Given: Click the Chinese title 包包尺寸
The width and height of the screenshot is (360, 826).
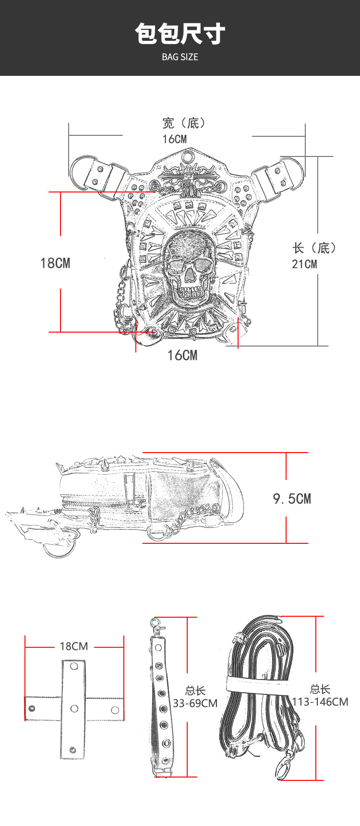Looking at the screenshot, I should [x=180, y=34].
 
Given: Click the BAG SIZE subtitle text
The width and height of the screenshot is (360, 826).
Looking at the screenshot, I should [x=180, y=57].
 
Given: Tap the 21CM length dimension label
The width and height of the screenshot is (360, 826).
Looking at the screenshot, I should [x=304, y=264].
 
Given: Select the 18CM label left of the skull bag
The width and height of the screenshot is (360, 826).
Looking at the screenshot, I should [x=55, y=263].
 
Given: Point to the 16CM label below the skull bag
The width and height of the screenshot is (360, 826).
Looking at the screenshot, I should [x=182, y=355].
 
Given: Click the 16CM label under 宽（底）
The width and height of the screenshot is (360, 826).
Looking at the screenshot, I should [x=174, y=139].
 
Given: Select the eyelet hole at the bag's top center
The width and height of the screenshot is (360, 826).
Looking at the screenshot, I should [x=187, y=156].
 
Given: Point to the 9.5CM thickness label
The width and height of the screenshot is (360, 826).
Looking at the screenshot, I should [x=292, y=499].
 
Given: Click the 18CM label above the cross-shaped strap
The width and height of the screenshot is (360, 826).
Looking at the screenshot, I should [x=74, y=646].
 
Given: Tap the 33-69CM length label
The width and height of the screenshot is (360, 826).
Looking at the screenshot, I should [x=195, y=703].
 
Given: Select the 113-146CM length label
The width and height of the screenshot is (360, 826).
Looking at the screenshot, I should [x=320, y=702].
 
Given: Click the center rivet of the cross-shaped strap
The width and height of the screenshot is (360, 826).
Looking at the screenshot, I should [x=74, y=708].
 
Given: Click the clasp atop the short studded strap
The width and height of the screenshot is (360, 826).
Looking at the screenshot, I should [x=156, y=625].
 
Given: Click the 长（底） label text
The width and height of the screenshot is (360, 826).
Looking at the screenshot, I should [x=314, y=248].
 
